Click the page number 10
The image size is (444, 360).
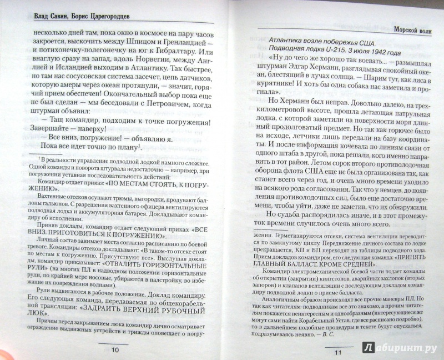tap(115, 350)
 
